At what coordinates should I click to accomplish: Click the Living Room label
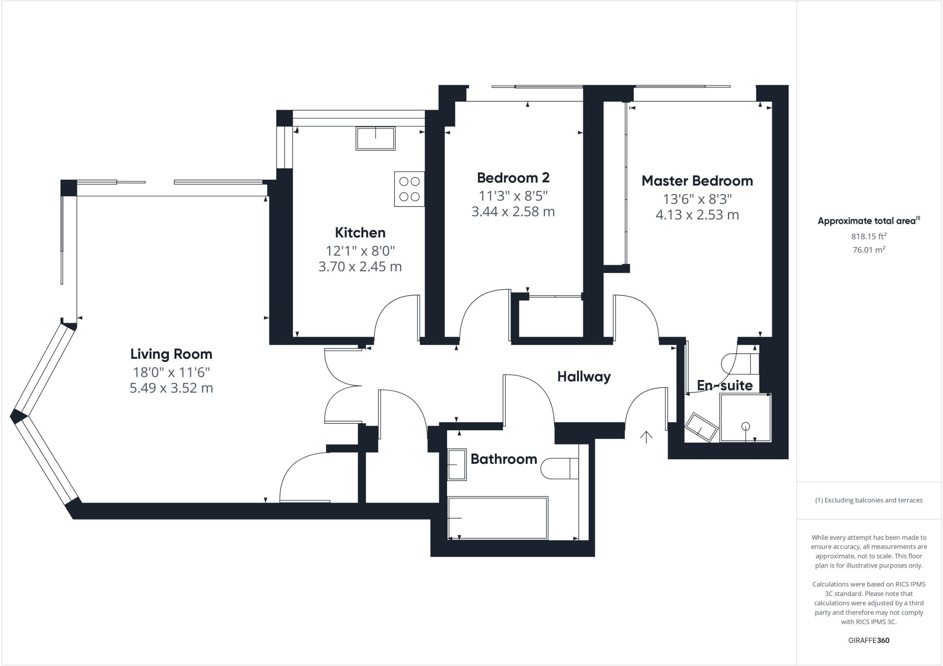click(x=171, y=354)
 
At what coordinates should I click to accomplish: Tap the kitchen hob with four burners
click(x=409, y=189)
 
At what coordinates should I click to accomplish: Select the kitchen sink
click(x=375, y=138)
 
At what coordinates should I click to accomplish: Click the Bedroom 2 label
click(x=513, y=177)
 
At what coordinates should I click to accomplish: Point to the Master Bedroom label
click(x=697, y=181)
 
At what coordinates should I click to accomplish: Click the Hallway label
click(x=584, y=376)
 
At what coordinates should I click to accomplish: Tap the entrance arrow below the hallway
click(x=646, y=437)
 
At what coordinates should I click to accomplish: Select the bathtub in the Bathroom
click(x=498, y=518)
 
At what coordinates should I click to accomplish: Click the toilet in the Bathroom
click(x=559, y=468)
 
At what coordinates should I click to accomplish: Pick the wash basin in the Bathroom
click(x=457, y=465)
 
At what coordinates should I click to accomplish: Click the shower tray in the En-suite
click(x=745, y=418)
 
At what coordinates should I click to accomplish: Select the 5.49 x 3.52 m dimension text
click(x=171, y=388)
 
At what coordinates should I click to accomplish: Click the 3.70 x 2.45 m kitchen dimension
click(x=360, y=266)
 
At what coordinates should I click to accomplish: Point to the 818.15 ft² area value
click(x=868, y=236)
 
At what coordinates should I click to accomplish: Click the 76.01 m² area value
click(x=868, y=250)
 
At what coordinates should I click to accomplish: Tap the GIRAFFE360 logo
click(x=868, y=640)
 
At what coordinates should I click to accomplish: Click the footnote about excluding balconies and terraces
click(x=868, y=500)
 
